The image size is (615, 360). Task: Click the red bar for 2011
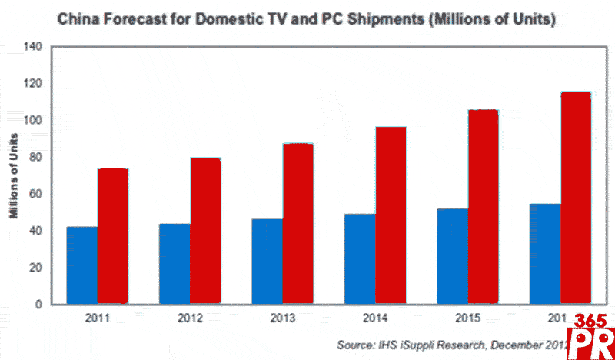(113, 236)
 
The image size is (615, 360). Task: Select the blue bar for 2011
(82, 265)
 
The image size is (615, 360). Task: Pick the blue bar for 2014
(360, 258)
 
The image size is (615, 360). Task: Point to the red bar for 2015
(484, 207)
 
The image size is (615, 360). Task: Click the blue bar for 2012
(175, 264)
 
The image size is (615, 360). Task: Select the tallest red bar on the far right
(576, 198)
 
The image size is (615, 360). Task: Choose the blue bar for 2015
(453, 256)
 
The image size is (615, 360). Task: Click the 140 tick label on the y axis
(33, 46)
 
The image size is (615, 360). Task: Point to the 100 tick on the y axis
(33, 120)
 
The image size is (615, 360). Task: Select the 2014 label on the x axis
(374, 318)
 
